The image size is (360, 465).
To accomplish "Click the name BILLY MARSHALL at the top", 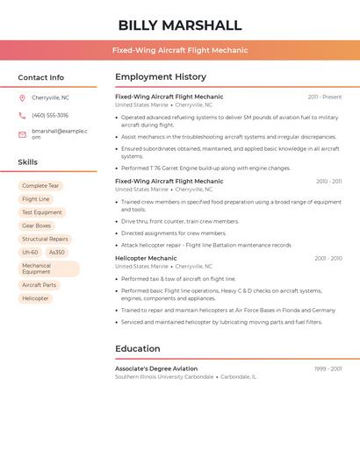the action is point(179,25).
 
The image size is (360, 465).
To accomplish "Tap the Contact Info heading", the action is point(40,77).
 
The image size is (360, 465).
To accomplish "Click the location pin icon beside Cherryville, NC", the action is point(22,97).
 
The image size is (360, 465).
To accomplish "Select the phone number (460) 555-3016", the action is point(50,115).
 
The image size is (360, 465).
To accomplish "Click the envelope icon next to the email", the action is point(22,134).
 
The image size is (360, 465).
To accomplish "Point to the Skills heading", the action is point(28,162).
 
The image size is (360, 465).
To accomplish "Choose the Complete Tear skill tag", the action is point(40,186).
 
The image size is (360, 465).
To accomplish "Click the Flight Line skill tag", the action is point(36,199).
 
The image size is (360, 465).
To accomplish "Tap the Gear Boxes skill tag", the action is point(37,225).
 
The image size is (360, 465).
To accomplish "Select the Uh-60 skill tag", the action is point(30,252).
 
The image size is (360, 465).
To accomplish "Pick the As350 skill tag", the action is point(56,252).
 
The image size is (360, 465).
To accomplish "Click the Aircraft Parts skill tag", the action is point(39,285).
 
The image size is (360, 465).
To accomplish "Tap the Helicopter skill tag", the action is point(35,298).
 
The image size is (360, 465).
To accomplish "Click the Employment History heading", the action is point(161,77).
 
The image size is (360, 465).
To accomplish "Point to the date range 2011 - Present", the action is point(324,97).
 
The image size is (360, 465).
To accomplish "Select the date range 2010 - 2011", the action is point(328,181).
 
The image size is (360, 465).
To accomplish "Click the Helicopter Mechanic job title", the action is point(146,258).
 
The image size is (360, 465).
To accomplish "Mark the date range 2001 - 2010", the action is point(328,258).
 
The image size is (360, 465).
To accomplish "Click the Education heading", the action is point(138,348).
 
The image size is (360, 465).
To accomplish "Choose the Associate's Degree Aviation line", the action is point(156,368).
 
